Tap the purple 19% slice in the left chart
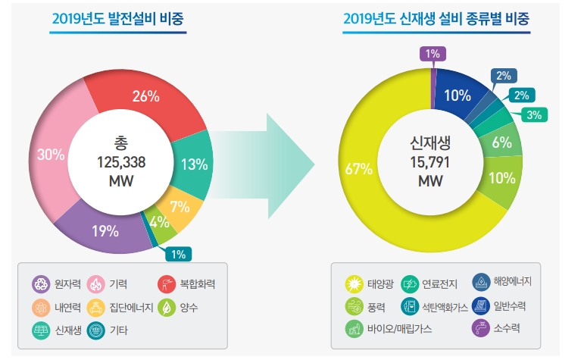[x=106, y=228]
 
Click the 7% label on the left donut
[x=179, y=206]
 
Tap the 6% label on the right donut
[x=501, y=142]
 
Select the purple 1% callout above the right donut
[x=433, y=53]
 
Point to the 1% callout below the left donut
[x=177, y=255]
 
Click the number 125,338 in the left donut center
[x=121, y=161]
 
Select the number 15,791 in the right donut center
[x=430, y=161]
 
